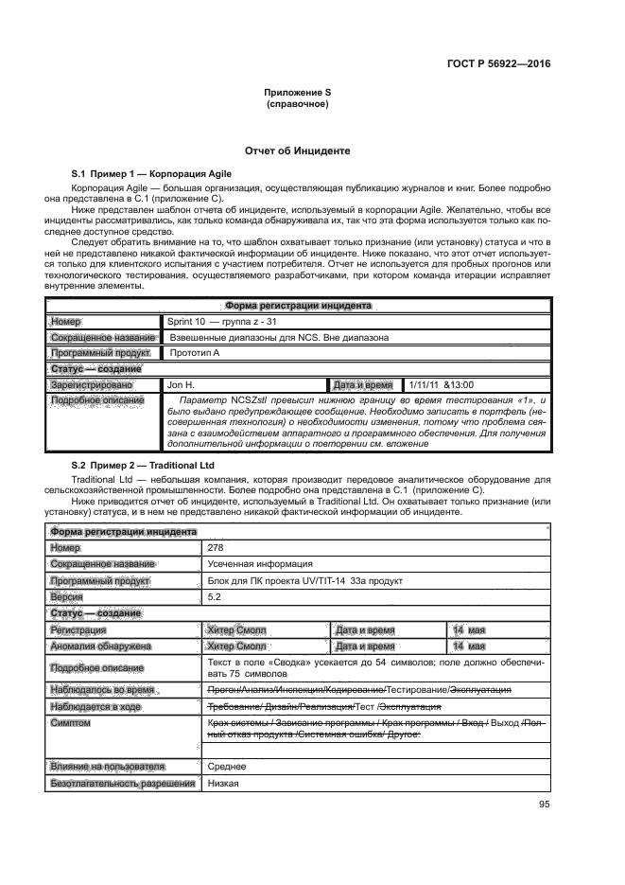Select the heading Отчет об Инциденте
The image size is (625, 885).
point(298,151)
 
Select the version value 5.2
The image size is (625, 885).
point(214,598)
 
